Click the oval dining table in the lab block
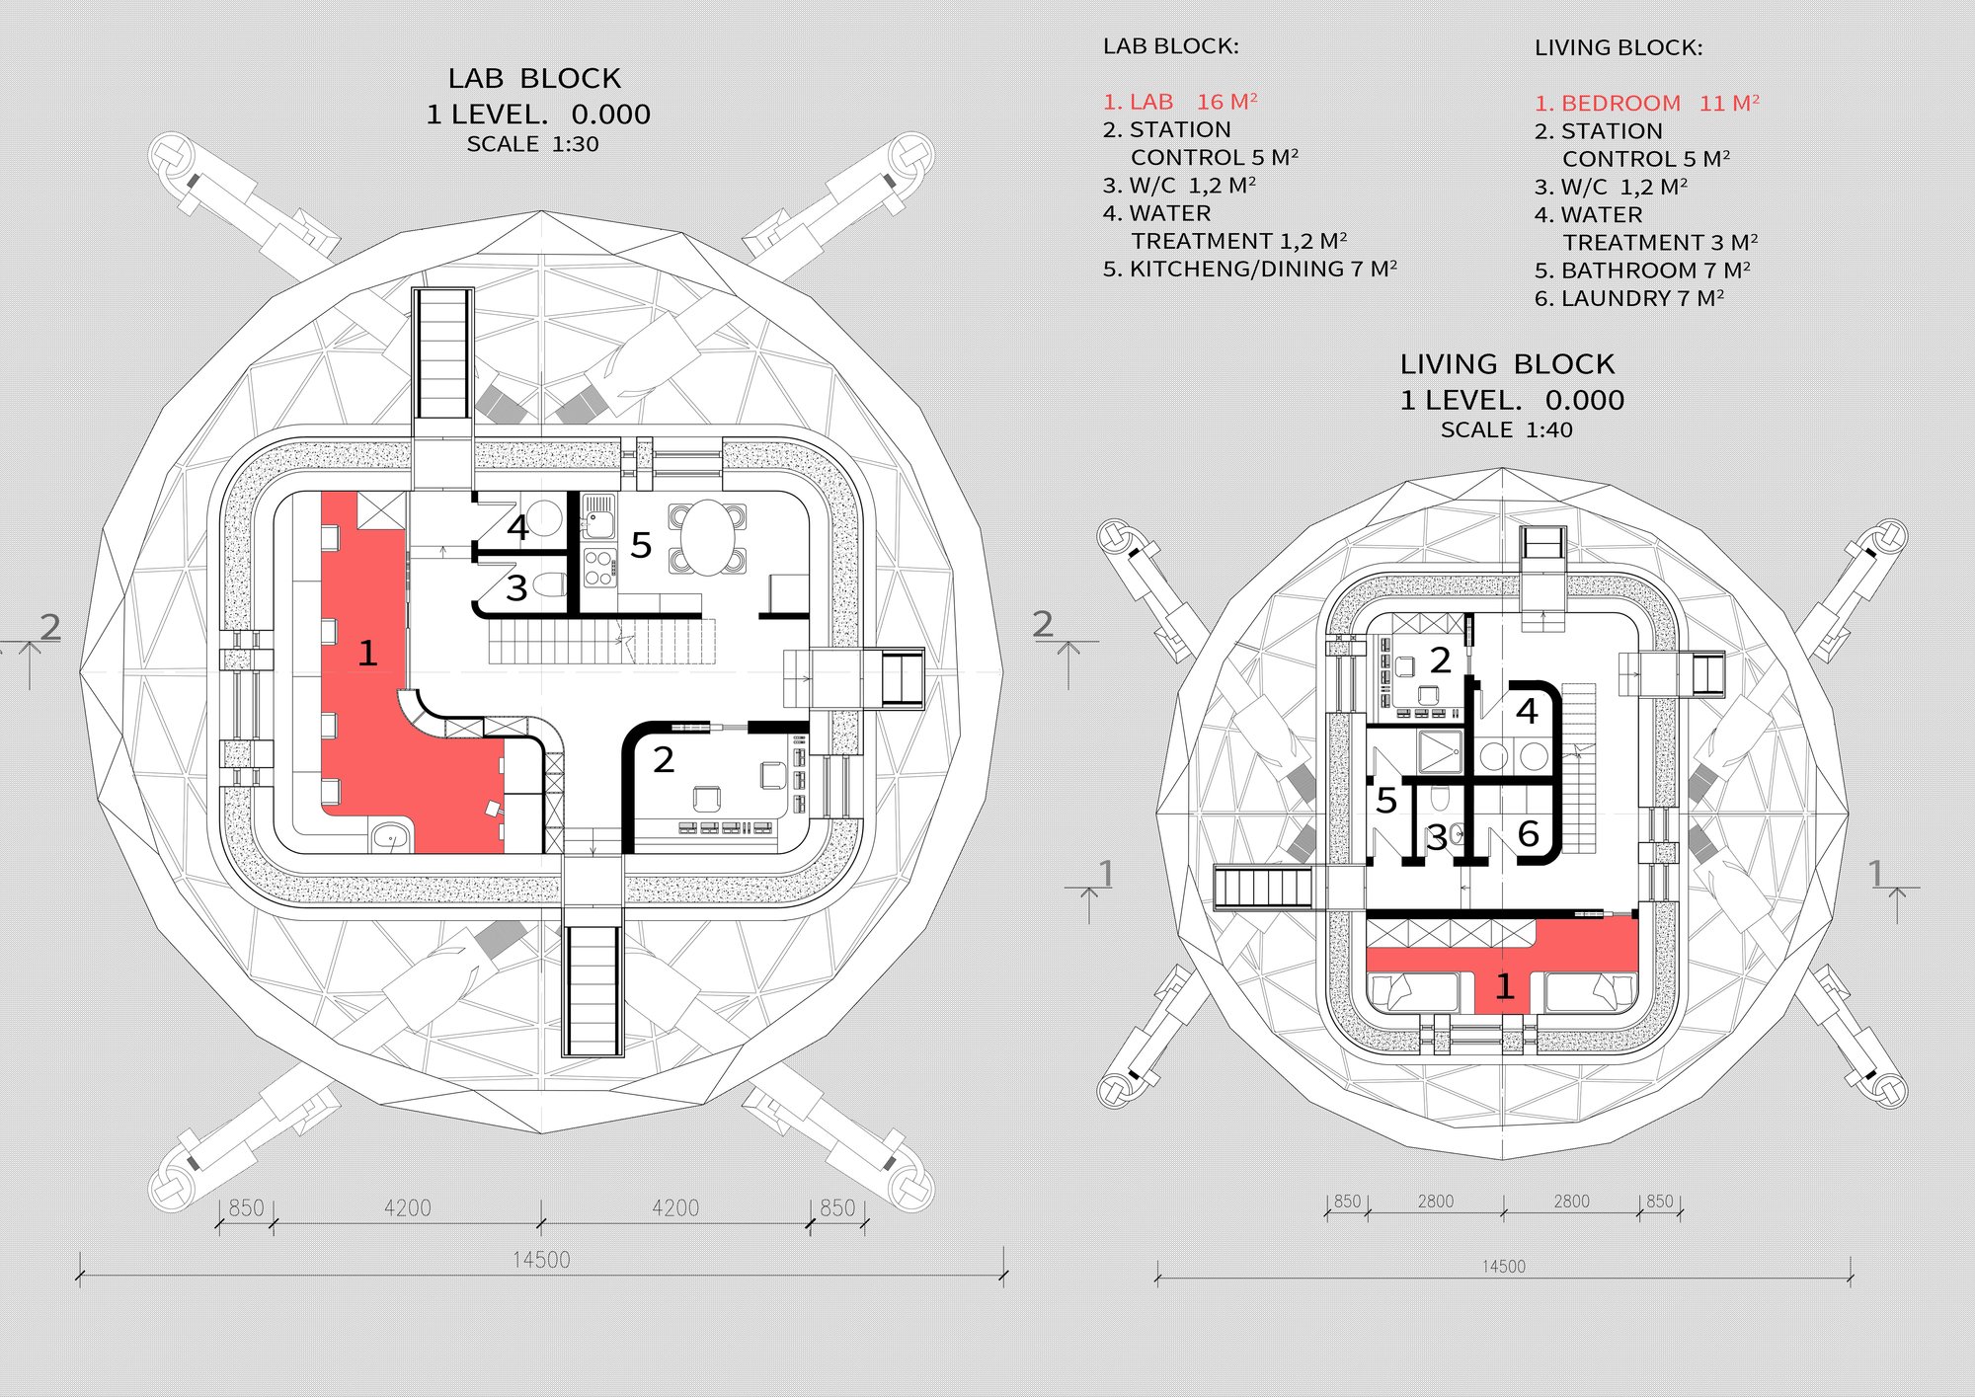(x=707, y=538)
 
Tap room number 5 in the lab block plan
(x=641, y=545)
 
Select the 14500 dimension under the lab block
(x=541, y=1260)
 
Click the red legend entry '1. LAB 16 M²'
(x=1180, y=102)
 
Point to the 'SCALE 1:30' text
(x=533, y=144)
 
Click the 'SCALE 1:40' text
(x=1507, y=429)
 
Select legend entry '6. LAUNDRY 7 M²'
(x=1629, y=298)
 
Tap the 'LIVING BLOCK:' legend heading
(x=1619, y=47)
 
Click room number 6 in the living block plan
(x=1529, y=834)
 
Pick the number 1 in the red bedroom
(x=1505, y=985)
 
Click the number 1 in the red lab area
(x=367, y=653)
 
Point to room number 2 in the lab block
(x=664, y=759)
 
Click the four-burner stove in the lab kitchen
(x=599, y=568)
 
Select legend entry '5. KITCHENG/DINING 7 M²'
(x=1250, y=270)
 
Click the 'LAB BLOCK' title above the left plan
(x=534, y=78)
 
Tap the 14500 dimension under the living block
(x=1503, y=1267)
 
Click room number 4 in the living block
(x=1528, y=711)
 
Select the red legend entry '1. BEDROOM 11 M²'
(x=1647, y=104)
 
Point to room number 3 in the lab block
(x=516, y=587)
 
